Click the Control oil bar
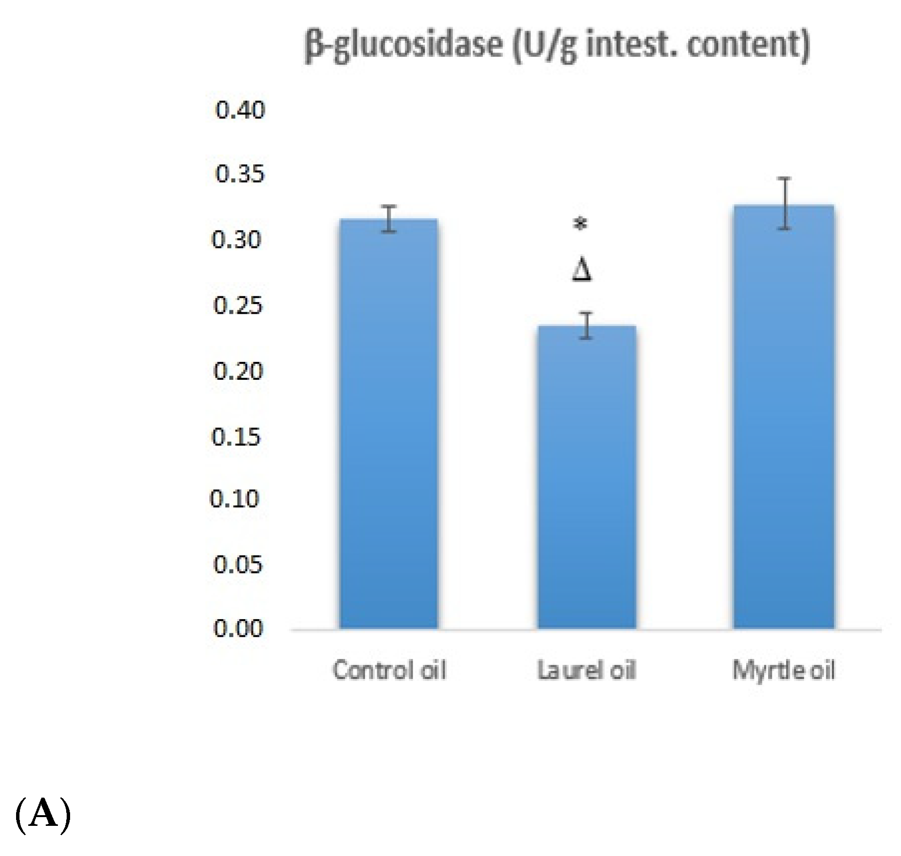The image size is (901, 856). [388, 423]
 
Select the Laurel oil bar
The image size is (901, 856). [587, 477]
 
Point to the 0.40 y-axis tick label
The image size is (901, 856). [240, 110]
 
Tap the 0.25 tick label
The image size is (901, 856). [238, 306]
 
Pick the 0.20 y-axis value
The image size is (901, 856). [238, 372]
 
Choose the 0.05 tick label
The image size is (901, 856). [238, 565]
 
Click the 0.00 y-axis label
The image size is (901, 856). [238, 628]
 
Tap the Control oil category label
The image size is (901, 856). [389, 670]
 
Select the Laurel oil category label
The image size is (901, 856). [587, 670]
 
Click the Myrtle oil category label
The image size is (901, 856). [784, 670]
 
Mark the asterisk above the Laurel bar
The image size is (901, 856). [580, 224]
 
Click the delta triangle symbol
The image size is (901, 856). [582, 270]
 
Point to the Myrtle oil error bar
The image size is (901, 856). [784, 203]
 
